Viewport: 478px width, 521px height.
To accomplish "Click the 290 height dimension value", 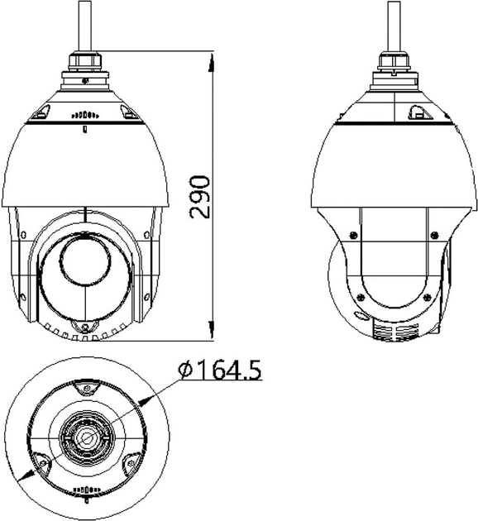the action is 199,197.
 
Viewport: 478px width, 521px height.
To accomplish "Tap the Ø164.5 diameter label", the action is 220,370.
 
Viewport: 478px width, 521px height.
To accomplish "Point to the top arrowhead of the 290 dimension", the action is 211,62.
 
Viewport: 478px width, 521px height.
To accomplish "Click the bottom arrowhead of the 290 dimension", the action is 211,330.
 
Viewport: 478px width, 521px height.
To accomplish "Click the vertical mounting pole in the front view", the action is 84,26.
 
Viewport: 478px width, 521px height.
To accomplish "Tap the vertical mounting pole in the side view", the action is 394,26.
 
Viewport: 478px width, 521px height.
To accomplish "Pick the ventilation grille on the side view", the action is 395,331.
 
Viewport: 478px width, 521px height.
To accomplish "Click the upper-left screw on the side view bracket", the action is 353,235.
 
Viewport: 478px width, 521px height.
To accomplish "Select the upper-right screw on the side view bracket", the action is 434,235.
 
